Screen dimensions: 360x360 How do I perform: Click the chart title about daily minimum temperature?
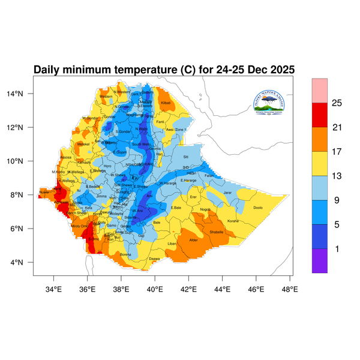tap(164, 70)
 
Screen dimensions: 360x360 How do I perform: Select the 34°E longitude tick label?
tap(54, 289)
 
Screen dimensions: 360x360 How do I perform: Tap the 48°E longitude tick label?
tap(290, 289)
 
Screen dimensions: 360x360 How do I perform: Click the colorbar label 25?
tap(337, 103)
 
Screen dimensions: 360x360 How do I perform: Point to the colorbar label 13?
tap(337, 176)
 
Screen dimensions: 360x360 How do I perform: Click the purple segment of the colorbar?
tap(320, 260)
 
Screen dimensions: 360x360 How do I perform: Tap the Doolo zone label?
tap(259, 208)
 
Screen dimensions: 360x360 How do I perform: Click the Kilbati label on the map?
tap(166, 103)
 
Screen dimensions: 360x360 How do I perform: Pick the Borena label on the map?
tap(125, 254)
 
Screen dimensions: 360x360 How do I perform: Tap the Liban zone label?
tap(172, 244)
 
